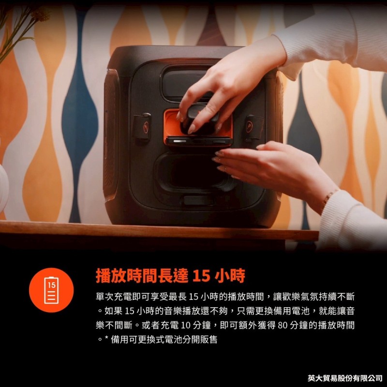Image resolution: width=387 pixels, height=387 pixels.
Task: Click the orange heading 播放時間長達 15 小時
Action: click(170, 276)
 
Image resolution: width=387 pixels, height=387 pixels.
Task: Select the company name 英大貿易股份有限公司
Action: click(345, 377)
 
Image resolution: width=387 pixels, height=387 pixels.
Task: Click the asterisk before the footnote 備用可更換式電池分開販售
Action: click(105, 339)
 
